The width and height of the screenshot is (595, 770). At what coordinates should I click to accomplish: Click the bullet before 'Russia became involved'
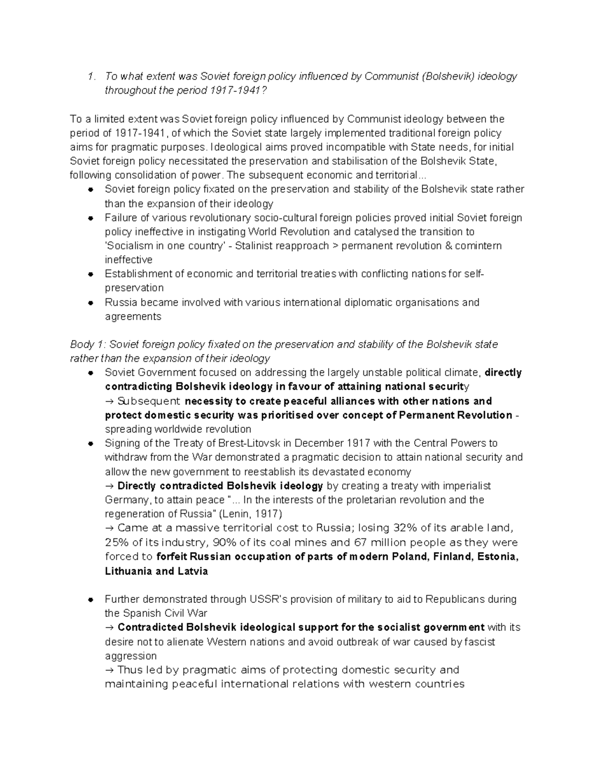coord(91,302)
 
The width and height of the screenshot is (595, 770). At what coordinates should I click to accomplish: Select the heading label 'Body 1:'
coord(87,345)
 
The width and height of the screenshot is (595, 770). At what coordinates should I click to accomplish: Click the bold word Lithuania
coord(128,571)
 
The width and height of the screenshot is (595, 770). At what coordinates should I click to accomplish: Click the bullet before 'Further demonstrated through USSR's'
coord(91,600)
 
